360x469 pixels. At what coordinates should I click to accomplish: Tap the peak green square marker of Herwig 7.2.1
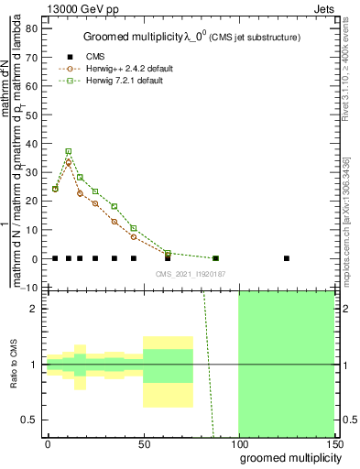point(68,151)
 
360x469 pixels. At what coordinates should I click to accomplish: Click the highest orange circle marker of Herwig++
point(68,162)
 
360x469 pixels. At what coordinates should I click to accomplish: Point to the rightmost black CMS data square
point(287,258)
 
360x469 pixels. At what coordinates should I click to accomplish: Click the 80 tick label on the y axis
point(32,28)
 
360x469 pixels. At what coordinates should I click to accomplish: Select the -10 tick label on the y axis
point(30,288)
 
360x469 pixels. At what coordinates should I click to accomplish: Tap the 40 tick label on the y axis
point(32,144)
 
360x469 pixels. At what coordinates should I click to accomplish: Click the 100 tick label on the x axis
point(238,443)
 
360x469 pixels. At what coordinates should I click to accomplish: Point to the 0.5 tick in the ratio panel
point(29,420)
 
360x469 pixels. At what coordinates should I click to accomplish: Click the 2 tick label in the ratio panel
point(34,308)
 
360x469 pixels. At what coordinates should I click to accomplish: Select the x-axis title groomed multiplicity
point(287,457)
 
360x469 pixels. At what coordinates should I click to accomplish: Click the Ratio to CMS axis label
point(13,364)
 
